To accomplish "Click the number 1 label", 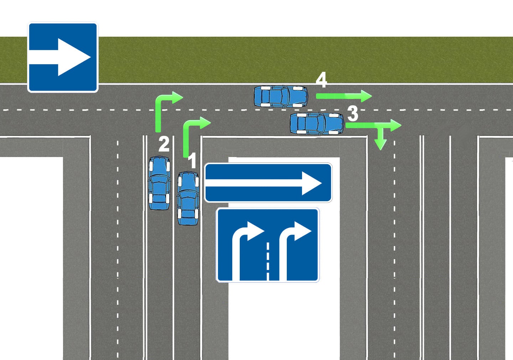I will (192, 161).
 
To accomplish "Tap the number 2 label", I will (164, 144).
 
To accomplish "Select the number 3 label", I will (353, 114).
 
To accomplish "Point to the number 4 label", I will (321, 80).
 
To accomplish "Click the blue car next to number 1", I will (188, 198).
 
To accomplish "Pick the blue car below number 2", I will (159, 183).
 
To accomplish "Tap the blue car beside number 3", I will (317, 124).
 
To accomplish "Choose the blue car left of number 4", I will (281, 96).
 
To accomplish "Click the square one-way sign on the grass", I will (63, 57).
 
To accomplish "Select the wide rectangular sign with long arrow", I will (268, 183).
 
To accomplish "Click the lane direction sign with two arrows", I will (268, 245).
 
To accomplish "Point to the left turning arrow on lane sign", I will (245, 246).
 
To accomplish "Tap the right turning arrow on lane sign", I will (293, 246).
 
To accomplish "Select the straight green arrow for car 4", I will (343, 96).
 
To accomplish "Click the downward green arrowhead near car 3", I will (380, 144).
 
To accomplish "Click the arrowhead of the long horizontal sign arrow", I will (311, 183).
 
